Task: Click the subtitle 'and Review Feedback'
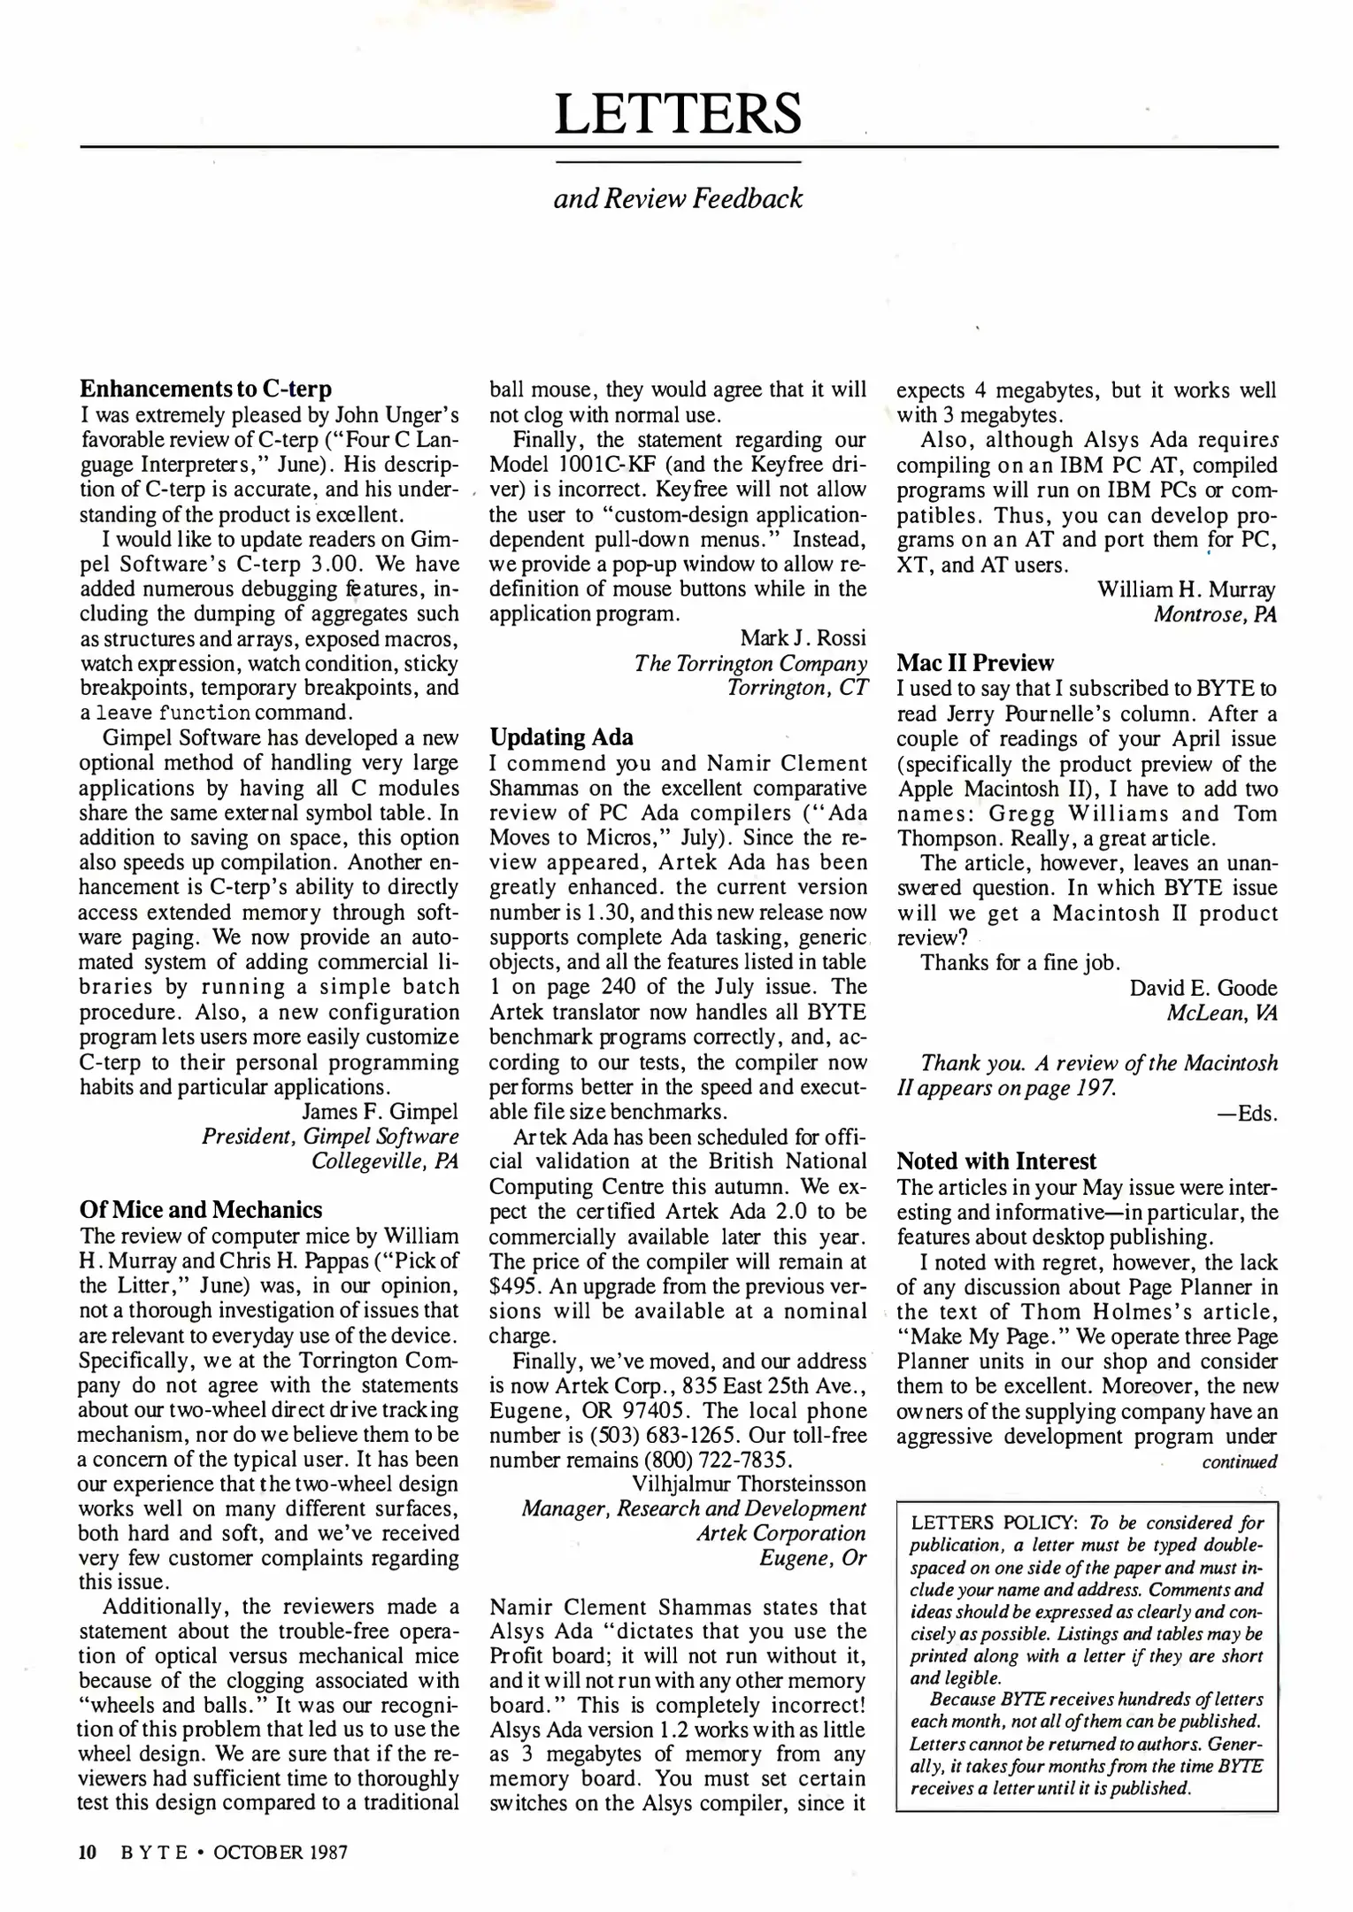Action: click(x=678, y=198)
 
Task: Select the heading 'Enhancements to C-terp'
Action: click(x=206, y=389)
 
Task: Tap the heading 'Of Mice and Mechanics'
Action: click(x=201, y=1209)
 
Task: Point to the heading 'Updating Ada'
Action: click(x=561, y=737)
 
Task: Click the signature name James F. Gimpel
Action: click(x=381, y=1111)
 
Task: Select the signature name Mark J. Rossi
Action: click(x=803, y=637)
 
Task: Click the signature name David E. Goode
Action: click(x=1203, y=987)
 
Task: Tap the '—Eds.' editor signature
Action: click(x=1248, y=1113)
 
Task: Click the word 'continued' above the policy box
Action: click(x=1239, y=1461)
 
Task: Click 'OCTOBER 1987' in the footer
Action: click(x=281, y=1852)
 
